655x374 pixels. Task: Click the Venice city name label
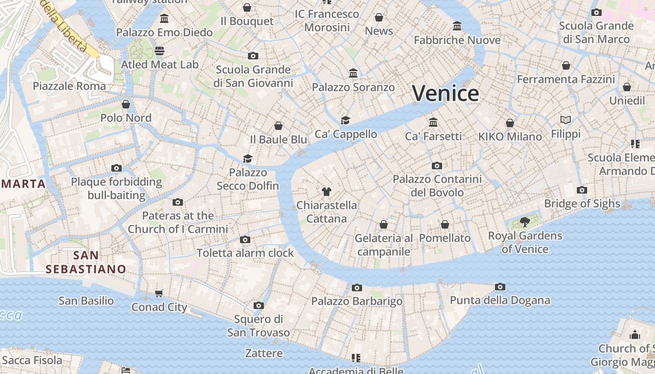pyautogui.click(x=445, y=93)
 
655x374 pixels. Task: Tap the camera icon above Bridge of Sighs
pyautogui.click(x=582, y=190)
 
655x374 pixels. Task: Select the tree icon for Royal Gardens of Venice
pyautogui.click(x=524, y=222)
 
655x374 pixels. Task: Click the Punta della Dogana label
pyautogui.click(x=500, y=300)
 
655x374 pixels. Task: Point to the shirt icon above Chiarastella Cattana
pyautogui.click(x=327, y=191)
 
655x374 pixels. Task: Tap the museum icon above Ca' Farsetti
pyautogui.click(x=433, y=122)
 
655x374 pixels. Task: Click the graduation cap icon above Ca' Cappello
pyautogui.click(x=345, y=120)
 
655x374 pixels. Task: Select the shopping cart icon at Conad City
pyautogui.click(x=159, y=293)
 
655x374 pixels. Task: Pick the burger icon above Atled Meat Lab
pyautogui.click(x=160, y=50)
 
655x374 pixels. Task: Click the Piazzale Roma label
pyautogui.click(x=69, y=86)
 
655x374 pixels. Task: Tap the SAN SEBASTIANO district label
pyautogui.click(x=86, y=262)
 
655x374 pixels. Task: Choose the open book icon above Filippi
pyautogui.click(x=566, y=120)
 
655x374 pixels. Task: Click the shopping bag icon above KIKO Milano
pyautogui.click(x=510, y=123)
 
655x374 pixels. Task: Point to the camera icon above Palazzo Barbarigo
pyautogui.click(x=357, y=288)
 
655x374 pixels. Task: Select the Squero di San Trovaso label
pyautogui.click(x=258, y=326)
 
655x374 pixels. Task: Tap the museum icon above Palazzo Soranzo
pyautogui.click(x=353, y=73)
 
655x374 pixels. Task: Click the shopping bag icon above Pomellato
pyautogui.click(x=445, y=224)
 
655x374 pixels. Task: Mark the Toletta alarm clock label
pyautogui.click(x=245, y=253)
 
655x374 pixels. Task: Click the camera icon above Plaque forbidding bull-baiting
pyautogui.click(x=116, y=168)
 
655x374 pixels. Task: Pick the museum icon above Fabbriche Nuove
pyautogui.click(x=457, y=26)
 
